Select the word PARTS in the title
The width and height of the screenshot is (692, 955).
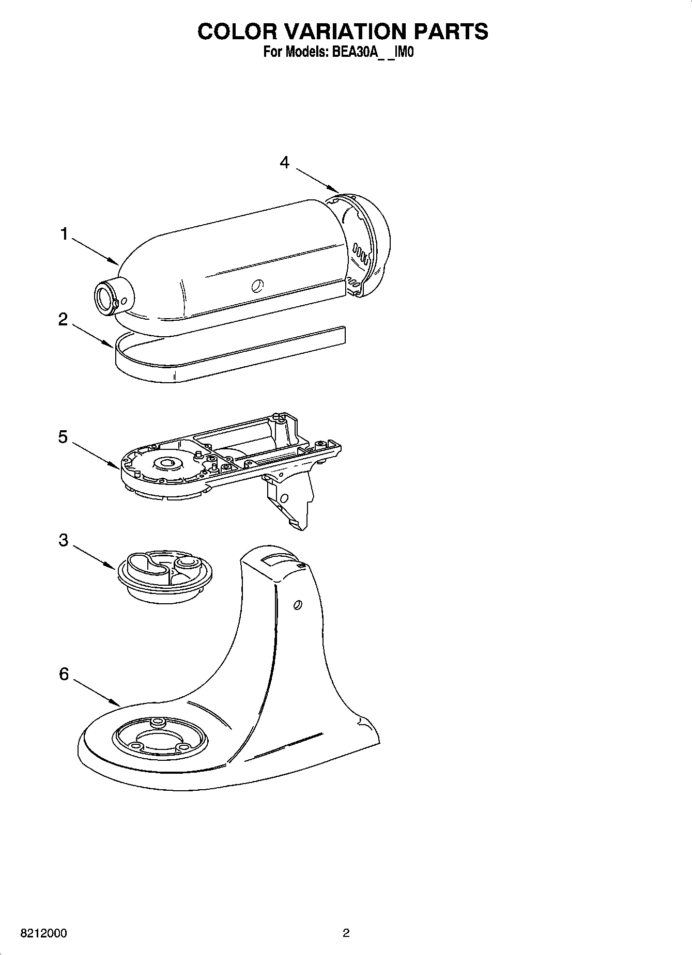point(451,32)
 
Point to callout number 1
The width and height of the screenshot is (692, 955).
point(64,234)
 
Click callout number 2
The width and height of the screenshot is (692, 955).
point(63,320)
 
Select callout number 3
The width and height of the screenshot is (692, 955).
point(63,540)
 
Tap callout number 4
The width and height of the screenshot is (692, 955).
point(284,162)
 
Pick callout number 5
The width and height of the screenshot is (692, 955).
point(63,437)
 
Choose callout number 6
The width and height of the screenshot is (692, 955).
point(64,674)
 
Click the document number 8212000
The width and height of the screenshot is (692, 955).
point(43,933)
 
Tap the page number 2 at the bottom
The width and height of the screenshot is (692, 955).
point(346,933)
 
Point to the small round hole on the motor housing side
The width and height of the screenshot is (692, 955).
point(257,285)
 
